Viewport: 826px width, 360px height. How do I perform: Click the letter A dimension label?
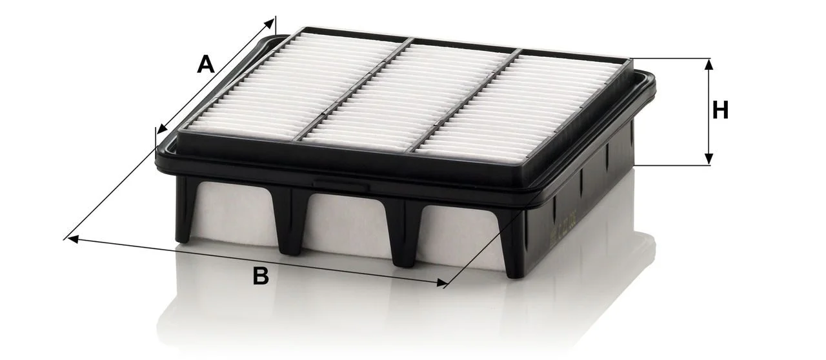[206, 64]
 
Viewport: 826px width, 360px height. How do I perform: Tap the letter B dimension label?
[261, 275]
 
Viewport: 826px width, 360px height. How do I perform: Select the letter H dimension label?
[720, 110]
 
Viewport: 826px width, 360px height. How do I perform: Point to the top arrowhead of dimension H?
[709, 65]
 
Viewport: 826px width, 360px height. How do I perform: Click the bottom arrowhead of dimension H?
[709, 159]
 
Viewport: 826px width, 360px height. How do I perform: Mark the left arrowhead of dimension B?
[73, 239]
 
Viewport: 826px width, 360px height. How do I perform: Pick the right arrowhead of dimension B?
[442, 283]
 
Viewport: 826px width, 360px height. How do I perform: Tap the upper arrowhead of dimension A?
[269, 24]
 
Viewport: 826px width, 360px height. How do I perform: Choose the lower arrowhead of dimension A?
[162, 128]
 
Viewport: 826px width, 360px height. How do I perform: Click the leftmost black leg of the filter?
[186, 209]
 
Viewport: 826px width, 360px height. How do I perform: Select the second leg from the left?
[292, 221]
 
